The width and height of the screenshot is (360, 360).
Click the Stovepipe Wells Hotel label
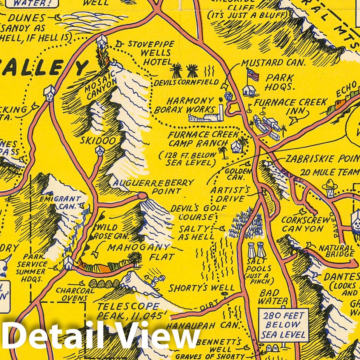tap(149, 52)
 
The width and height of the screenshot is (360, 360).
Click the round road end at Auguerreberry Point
tap(142, 195)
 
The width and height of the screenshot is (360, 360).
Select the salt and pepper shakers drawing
tap(257, 249)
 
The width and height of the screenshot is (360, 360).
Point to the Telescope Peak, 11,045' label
tap(128, 310)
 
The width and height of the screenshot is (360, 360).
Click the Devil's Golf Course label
tap(192, 213)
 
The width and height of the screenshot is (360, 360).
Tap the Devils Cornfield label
tap(185, 82)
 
